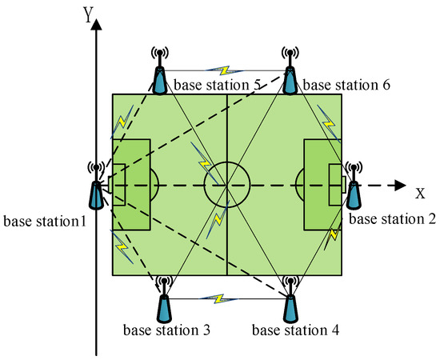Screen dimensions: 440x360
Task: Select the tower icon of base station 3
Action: click(x=164, y=299)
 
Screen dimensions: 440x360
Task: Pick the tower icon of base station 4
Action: click(x=290, y=299)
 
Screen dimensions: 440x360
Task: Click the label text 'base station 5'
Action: click(x=218, y=85)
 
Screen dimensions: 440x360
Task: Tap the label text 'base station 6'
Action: click(x=346, y=85)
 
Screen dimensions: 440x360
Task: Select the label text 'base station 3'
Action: click(x=166, y=330)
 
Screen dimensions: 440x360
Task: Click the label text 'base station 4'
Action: click(x=295, y=330)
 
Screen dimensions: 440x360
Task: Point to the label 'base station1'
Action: click(x=45, y=221)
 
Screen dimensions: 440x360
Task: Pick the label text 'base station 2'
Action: click(x=393, y=219)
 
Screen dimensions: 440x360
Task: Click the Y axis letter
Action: click(x=88, y=14)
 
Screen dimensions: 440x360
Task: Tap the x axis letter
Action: click(x=420, y=193)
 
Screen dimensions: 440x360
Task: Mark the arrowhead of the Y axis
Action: click(x=96, y=24)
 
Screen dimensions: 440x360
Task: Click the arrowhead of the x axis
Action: click(x=401, y=185)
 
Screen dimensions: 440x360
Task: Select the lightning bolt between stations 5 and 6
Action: click(x=225, y=70)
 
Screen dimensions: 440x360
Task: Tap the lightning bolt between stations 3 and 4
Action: click(x=219, y=298)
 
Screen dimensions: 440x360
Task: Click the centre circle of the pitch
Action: click(x=226, y=162)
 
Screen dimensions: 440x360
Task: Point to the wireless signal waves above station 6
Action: click(x=290, y=53)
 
